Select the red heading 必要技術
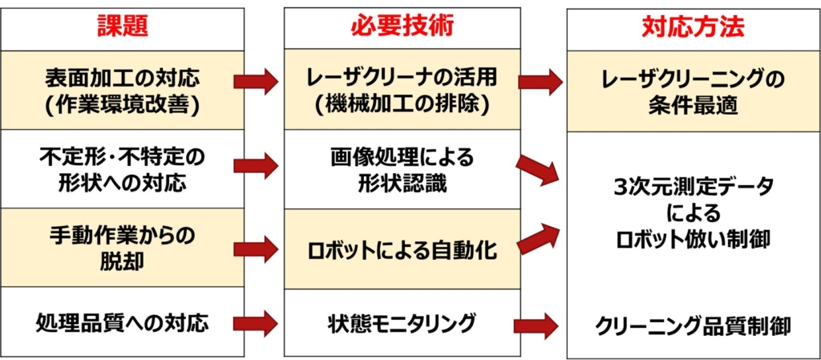[x=402, y=26]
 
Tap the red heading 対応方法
[x=694, y=27]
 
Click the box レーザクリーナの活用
[x=402, y=91]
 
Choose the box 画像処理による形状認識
[x=402, y=168]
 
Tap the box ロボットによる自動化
[x=402, y=249]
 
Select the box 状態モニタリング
[x=402, y=324]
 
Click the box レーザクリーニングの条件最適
[x=694, y=91]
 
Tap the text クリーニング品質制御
[x=694, y=326]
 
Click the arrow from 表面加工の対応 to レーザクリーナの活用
[x=256, y=82]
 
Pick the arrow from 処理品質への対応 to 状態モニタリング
[x=256, y=324]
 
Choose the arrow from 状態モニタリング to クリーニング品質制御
[x=536, y=326]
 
